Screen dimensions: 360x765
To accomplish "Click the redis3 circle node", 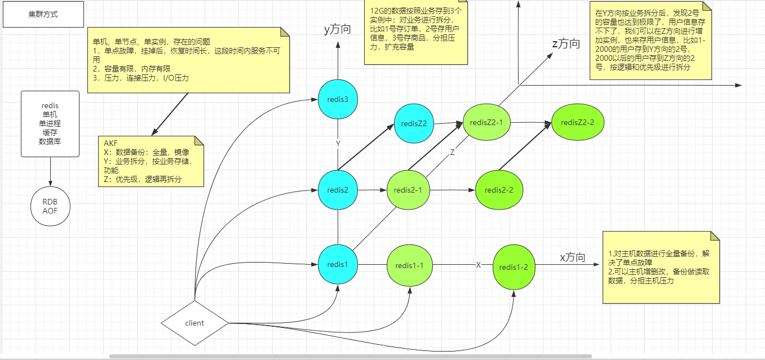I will point(338,100).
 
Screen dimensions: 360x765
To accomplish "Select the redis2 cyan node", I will point(338,190).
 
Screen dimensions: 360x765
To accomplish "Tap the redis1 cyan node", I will point(338,264).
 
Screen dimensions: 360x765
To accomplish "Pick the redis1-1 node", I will point(410,265).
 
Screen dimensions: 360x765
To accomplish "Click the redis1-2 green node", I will point(514,266).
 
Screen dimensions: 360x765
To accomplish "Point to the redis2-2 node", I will point(499,190).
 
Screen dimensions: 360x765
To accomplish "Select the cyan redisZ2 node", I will point(414,123).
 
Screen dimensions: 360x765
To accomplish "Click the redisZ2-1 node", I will point(486,122).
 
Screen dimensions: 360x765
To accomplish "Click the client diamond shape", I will point(194,323).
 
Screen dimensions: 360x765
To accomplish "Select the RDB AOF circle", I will point(51,207).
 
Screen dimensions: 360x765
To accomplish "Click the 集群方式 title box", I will point(43,14).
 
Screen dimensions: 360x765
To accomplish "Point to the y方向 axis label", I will point(337,29).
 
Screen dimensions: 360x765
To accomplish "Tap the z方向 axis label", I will point(565,43).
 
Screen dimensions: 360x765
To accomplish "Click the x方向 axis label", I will point(572,257).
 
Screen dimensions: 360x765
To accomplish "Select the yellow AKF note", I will point(151,161).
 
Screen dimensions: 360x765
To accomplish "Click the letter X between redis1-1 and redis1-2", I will point(478,265).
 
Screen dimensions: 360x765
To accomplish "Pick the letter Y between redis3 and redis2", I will point(338,144).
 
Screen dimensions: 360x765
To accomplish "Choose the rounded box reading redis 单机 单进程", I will point(50,123).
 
